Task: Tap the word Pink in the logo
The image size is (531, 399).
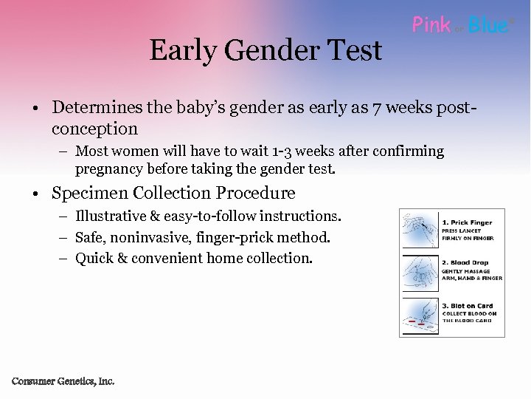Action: click(x=431, y=25)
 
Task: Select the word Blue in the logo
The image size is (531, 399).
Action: click(x=488, y=25)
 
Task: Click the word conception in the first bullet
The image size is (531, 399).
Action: click(x=94, y=129)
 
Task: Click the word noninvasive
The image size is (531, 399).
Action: click(x=149, y=237)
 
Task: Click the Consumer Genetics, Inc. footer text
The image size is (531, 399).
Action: click(x=63, y=381)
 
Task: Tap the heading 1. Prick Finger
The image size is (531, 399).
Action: click(x=467, y=222)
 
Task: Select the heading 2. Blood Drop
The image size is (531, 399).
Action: click(x=466, y=263)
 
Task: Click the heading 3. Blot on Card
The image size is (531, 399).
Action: click(x=467, y=306)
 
